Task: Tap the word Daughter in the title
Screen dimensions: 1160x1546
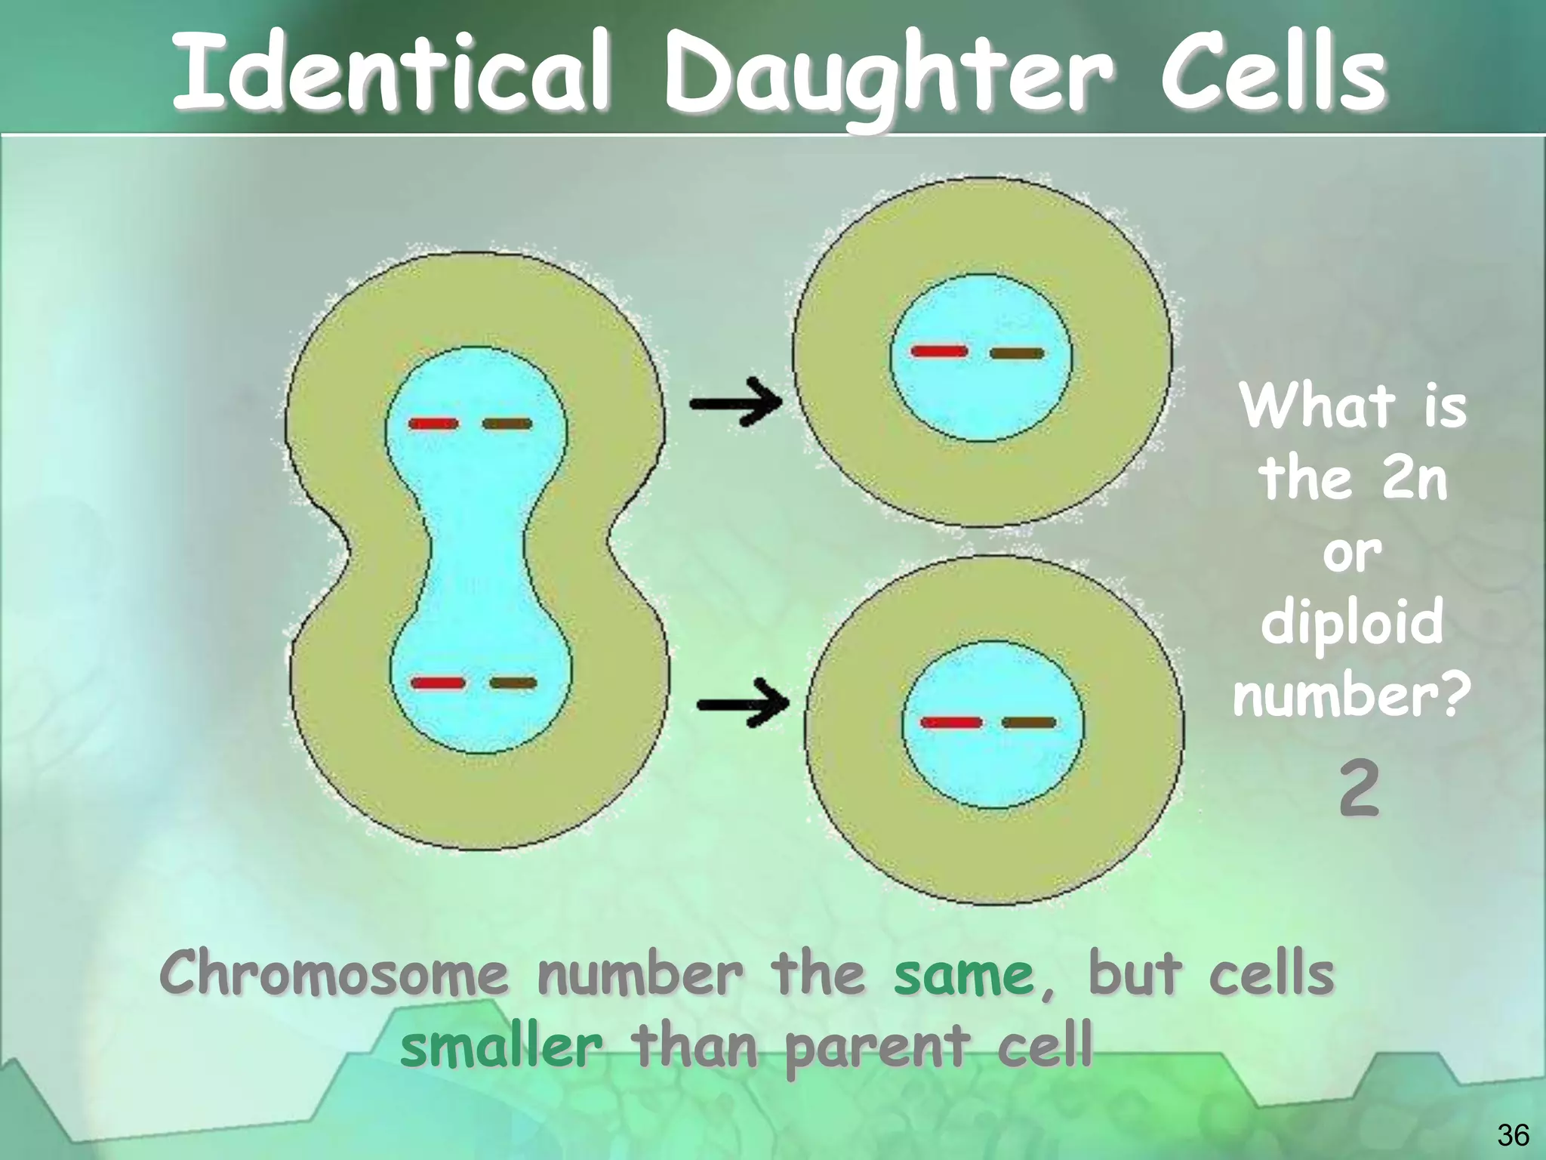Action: (x=888, y=76)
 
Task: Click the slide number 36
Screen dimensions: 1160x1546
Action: (x=1513, y=1135)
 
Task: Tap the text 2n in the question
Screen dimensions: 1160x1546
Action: (x=1414, y=479)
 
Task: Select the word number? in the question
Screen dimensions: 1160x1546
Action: (x=1351, y=695)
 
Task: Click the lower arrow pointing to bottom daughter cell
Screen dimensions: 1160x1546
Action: (x=744, y=704)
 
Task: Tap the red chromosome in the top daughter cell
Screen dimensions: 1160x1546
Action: (x=939, y=351)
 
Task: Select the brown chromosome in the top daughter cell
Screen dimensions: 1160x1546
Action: (x=1017, y=353)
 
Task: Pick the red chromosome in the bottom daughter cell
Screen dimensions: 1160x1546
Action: (x=951, y=723)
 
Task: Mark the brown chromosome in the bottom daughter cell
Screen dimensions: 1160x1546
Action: (x=1029, y=723)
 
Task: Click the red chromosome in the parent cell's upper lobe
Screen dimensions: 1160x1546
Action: (x=433, y=424)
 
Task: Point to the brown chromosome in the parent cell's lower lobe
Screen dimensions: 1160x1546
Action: (x=513, y=683)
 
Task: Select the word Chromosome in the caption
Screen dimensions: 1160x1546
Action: (x=334, y=974)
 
